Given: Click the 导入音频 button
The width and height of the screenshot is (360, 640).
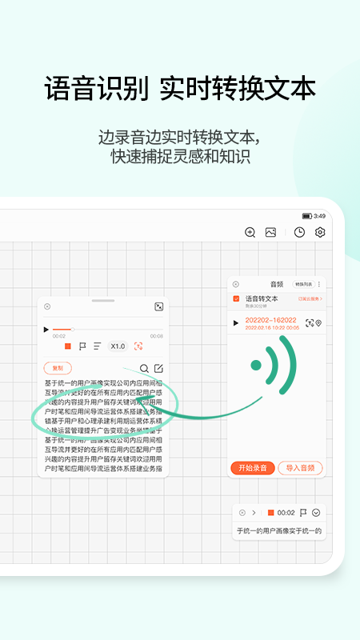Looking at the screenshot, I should click(302, 468).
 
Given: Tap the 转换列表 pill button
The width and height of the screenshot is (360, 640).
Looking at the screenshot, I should click(304, 284).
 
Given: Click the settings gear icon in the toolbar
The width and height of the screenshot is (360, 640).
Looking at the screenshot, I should click(320, 232).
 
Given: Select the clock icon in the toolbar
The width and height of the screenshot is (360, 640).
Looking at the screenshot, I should click(299, 232).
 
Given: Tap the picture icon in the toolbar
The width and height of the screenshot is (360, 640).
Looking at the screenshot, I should click(270, 232).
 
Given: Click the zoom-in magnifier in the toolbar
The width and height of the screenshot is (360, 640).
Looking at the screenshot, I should click(250, 232).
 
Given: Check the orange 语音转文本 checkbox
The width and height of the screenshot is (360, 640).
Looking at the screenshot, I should click(236, 298).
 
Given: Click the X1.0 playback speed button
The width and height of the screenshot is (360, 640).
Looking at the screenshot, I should click(118, 346).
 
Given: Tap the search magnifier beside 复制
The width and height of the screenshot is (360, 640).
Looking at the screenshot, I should click(144, 368).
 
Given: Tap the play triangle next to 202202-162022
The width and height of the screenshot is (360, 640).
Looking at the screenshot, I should click(235, 323).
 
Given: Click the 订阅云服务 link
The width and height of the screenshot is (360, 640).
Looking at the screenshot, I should click(309, 298).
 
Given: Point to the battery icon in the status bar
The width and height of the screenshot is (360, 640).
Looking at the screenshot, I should click(307, 216).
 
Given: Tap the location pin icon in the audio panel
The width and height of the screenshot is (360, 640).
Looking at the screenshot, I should click(318, 322).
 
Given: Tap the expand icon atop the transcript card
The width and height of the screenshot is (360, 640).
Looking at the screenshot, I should click(158, 306).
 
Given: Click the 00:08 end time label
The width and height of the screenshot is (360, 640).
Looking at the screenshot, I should click(157, 336).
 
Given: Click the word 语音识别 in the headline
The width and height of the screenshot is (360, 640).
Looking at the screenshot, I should click(96, 88).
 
